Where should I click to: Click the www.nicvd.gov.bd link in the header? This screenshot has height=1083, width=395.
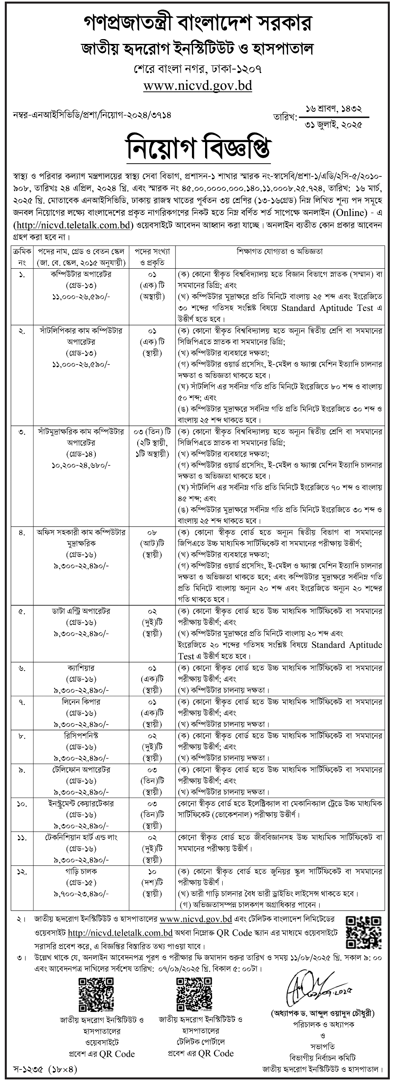(x=197, y=86)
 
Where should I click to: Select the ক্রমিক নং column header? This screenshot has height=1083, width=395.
(x=22, y=257)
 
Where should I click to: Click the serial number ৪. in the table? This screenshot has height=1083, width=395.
(x=22, y=532)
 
